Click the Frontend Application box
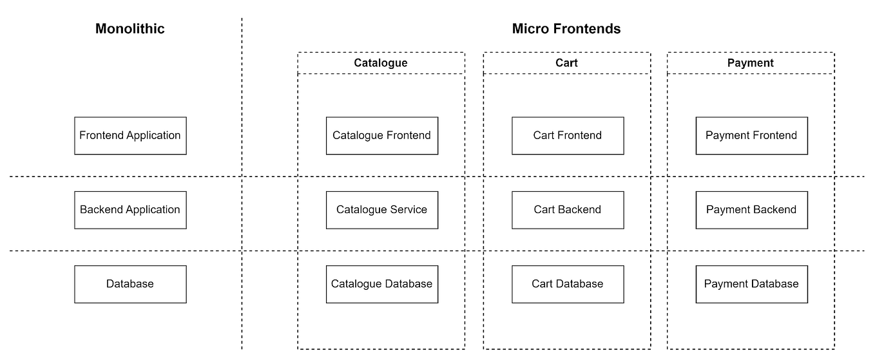click(130, 135)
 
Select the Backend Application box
click(130, 209)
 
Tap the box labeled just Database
click(130, 283)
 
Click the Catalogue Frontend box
click(381, 135)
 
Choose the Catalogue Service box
click(381, 209)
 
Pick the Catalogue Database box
click(381, 283)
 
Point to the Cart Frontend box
click(568, 135)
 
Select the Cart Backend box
click(568, 209)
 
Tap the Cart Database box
click(568, 283)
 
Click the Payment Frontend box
click(751, 135)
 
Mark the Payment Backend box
click(751, 209)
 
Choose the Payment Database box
click(751, 283)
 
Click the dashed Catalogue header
click(381, 63)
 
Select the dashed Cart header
click(566, 63)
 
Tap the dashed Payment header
click(751, 63)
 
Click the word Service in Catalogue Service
click(409, 209)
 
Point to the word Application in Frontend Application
click(153, 136)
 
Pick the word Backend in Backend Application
click(101, 209)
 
